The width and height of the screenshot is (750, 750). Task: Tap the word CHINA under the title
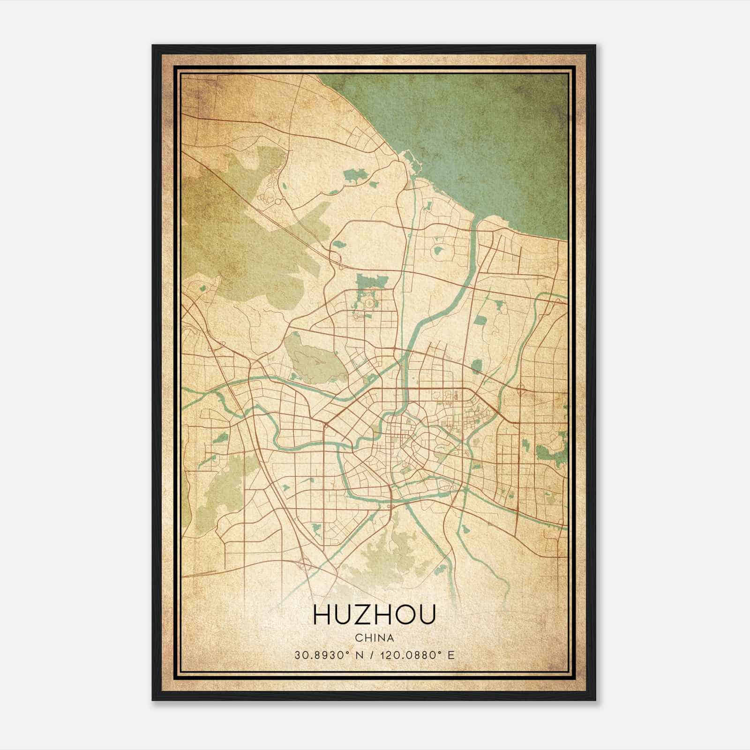[374, 638]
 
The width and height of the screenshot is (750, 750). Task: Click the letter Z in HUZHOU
[359, 615]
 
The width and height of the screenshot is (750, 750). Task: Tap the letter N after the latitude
[360, 655]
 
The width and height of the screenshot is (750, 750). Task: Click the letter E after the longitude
[451, 655]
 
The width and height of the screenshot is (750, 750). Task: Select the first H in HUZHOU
[322, 615]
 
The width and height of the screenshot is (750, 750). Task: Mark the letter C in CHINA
[358, 638]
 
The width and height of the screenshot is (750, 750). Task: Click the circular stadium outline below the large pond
[370, 304]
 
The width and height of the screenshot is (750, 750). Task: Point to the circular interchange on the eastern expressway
[521, 389]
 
